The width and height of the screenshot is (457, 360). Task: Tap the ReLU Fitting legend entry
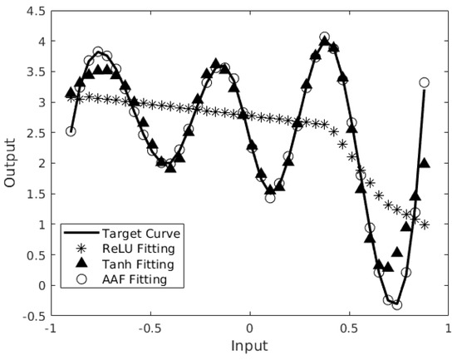(x=137, y=249)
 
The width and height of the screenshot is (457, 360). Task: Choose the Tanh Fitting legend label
(x=137, y=264)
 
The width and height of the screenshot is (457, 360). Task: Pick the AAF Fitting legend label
(x=135, y=279)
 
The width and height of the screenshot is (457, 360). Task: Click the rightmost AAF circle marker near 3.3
(x=425, y=82)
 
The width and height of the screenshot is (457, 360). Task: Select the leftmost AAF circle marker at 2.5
(x=71, y=131)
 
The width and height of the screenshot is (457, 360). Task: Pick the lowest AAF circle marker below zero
(x=397, y=304)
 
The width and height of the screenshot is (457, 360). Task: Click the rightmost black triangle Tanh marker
(x=425, y=163)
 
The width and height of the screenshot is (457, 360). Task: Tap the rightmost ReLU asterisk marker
(x=425, y=224)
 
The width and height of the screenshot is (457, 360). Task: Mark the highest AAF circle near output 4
(x=324, y=37)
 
